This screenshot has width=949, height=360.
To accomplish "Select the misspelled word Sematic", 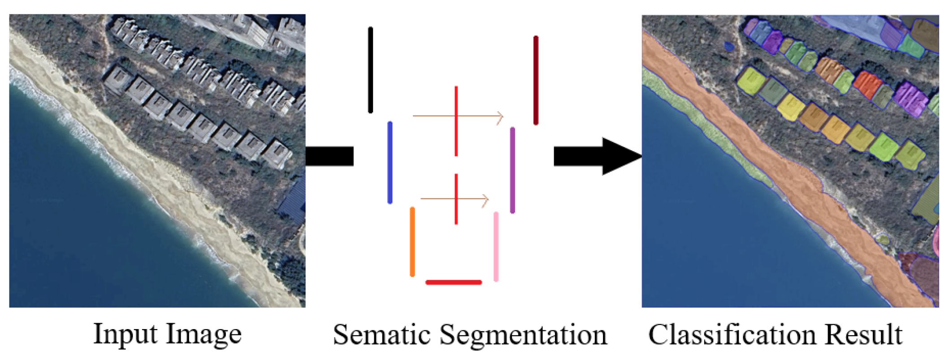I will coord(381,335).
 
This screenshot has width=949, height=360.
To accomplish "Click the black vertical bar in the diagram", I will coord(370,70).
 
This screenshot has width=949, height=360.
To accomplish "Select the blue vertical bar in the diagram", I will coord(390,162).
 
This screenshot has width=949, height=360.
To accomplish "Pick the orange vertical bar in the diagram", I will coord(412,242).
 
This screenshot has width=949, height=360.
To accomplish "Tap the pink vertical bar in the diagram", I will coord(496,247).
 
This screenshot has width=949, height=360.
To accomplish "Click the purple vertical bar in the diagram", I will coord(512,170).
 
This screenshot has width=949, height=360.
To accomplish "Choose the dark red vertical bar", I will coord(536,80).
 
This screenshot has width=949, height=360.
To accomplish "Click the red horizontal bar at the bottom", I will coord(453,282).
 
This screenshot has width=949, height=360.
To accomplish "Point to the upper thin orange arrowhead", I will coord(500,117).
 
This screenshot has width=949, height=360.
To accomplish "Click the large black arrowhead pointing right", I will coord(621,156).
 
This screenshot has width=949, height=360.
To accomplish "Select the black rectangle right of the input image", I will coord(329,156).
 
